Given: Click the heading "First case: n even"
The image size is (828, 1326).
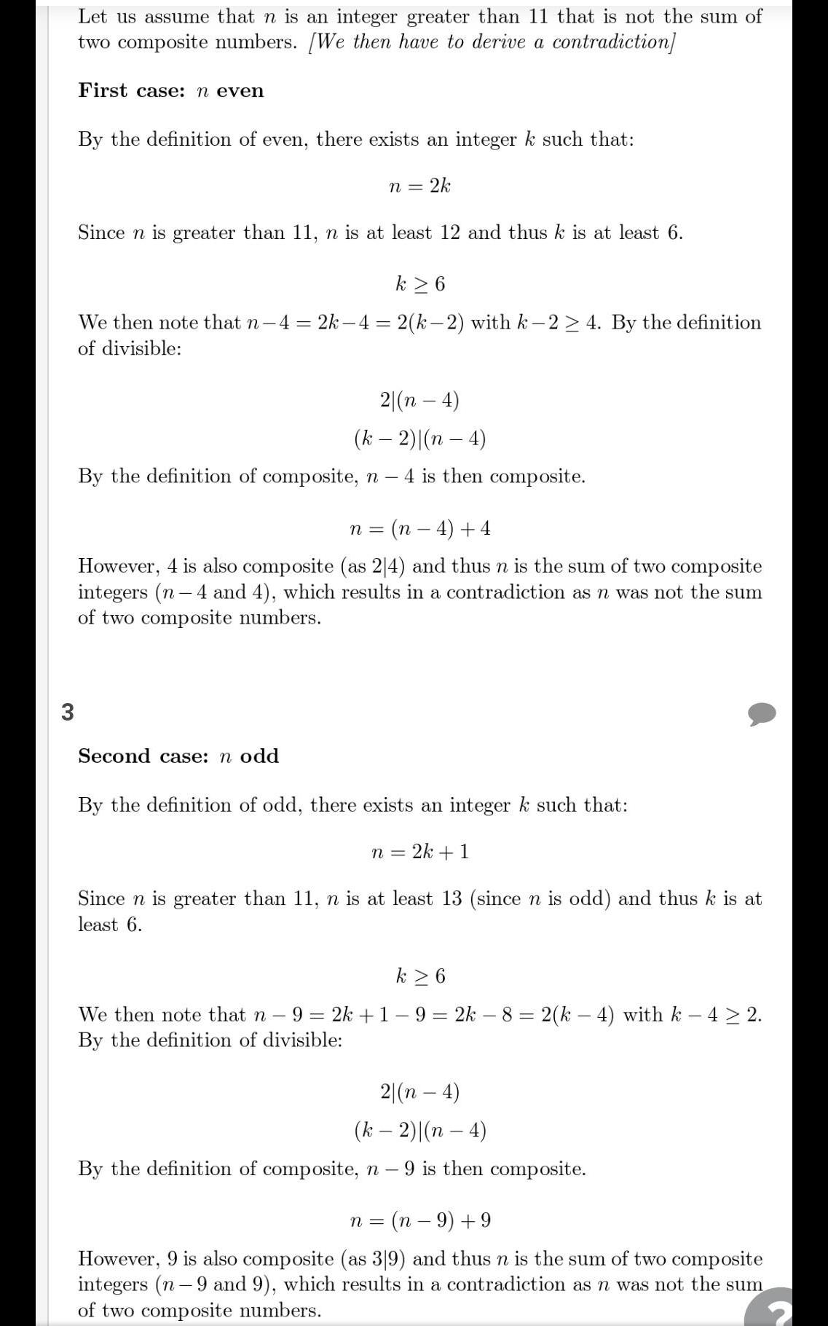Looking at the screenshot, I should (171, 91).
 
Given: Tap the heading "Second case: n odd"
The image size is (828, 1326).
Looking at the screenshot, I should (178, 756).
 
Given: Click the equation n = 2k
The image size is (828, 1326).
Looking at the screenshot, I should (419, 187).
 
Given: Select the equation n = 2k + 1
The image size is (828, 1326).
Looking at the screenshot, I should (419, 852).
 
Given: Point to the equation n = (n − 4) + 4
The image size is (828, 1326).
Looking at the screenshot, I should (419, 528).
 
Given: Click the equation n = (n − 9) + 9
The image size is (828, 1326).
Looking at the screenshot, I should (419, 1220).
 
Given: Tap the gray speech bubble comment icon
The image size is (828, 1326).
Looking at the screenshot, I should (762, 714).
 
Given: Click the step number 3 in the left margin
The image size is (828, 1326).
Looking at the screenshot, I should (68, 712).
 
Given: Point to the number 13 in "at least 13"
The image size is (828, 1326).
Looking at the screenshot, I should (452, 899).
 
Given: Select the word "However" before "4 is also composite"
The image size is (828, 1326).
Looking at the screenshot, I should (117, 567).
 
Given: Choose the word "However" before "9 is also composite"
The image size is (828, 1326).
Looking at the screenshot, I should (117, 1259).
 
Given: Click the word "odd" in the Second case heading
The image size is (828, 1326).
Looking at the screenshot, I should (259, 756).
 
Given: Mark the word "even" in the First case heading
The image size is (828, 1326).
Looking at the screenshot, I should (240, 91).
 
